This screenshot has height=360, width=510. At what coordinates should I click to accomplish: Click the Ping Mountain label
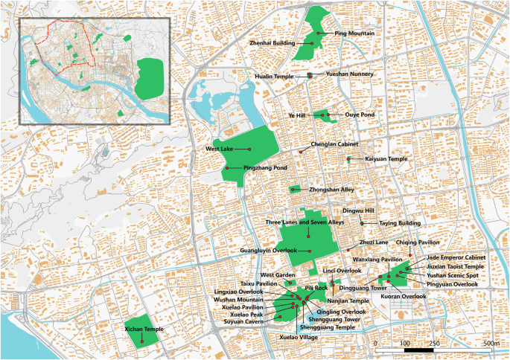pyautogui.click(x=354, y=33)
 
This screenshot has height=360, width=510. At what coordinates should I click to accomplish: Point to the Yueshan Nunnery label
pyautogui.click(x=349, y=75)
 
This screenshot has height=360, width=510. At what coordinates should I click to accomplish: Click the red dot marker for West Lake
pyautogui.click(x=249, y=149)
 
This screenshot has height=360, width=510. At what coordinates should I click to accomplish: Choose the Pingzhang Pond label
pyautogui.click(x=265, y=168)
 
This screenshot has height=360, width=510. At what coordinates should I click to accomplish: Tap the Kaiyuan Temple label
pyautogui.click(x=386, y=159)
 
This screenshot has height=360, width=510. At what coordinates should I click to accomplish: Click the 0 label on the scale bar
pyautogui.click(x=377, y=343)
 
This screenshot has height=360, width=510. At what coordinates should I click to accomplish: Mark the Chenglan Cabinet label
pyautogui.click(x=334, y=144)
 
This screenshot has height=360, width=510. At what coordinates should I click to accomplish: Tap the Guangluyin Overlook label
pyautogui.click(x=269, y=251)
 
